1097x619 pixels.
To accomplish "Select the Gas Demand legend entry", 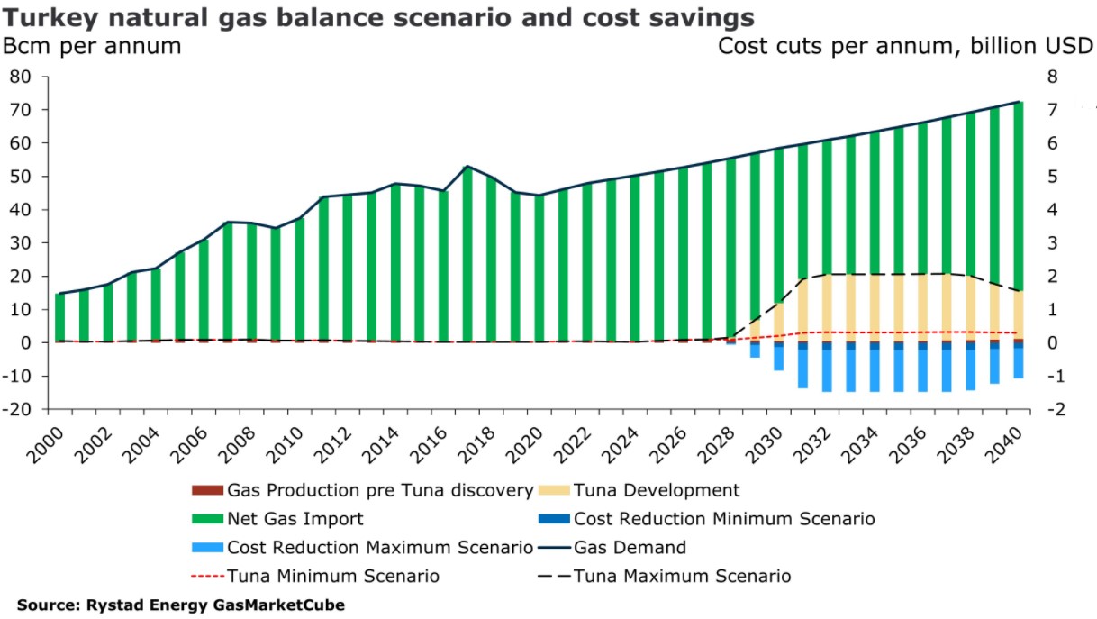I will (630, 547).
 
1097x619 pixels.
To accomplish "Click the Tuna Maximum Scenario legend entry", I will (682, 576).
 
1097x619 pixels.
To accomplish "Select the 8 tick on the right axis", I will (1047, 77).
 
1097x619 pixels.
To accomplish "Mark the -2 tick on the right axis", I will (1048, 408).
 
